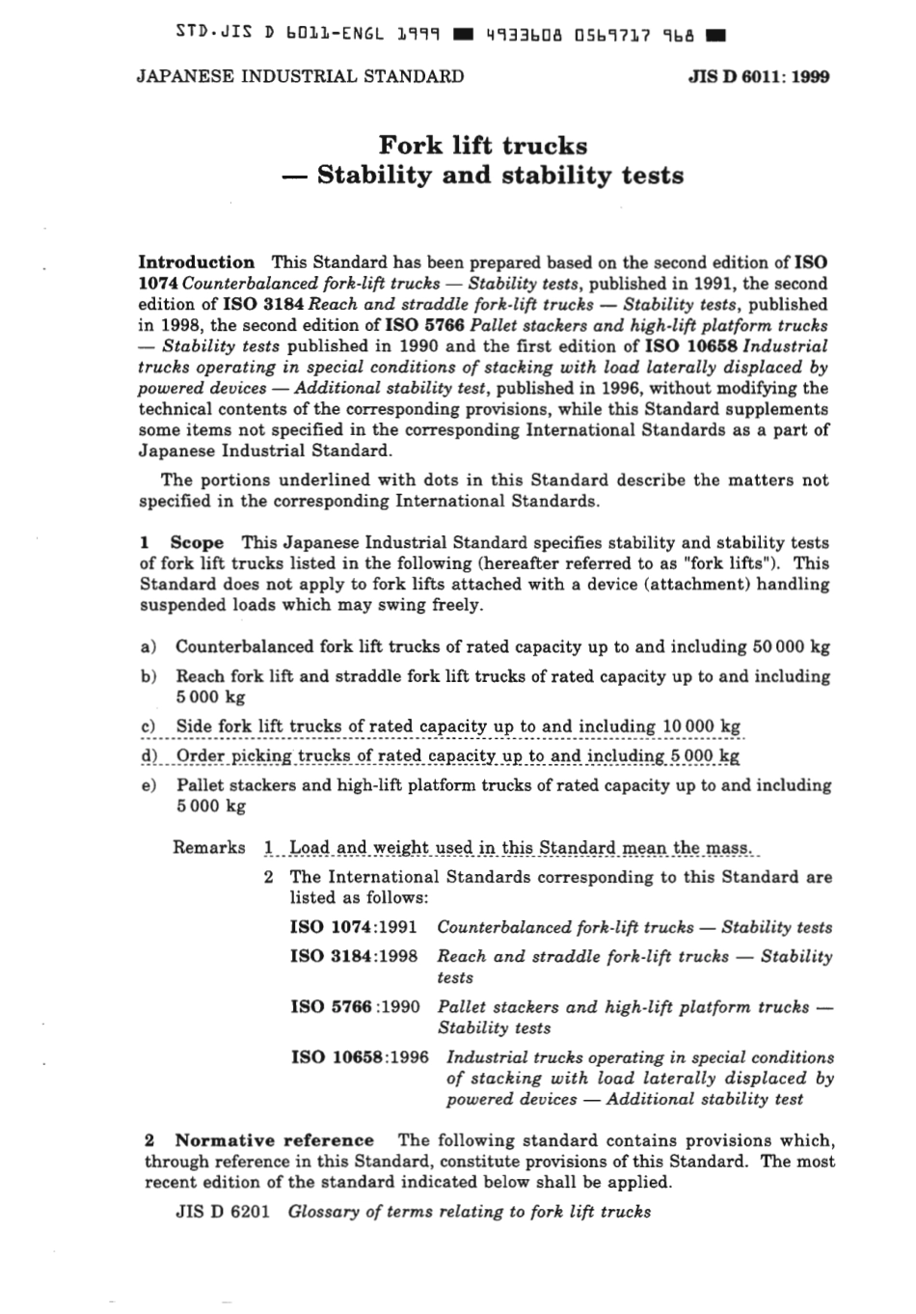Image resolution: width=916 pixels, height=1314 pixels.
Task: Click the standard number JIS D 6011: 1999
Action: pyautogui.click(x=759, y=77)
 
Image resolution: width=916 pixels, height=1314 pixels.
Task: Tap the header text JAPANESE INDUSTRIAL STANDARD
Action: pyautogui.click(x=300, y=76)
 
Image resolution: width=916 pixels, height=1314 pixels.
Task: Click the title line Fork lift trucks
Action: pyautogui.click(x=482, y=146)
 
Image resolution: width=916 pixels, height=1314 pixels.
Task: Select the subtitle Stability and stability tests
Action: pyautogui.click(x=499, y=176)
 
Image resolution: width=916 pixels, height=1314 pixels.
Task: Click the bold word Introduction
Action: pyautogui.click(x=197, y=262)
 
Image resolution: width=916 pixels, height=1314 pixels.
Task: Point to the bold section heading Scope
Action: pyautogui.click(x=197, y=542)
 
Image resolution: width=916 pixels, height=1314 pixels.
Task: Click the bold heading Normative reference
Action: pyautogui.click(x=274, y=1140)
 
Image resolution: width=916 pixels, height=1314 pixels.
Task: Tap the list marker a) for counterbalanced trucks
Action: pyautogui.click(x=148, y=647)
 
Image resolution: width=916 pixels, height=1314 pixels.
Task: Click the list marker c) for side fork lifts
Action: pyautogui.click(x=148, y=726)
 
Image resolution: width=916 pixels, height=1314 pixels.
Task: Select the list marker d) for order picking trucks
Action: pyautogui.click(x=148, y=756)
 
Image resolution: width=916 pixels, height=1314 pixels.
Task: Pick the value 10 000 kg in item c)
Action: pyautogui.click(x=701, y=726)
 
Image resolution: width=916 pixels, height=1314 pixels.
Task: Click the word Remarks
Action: pyautogui.click(x=209, y=847)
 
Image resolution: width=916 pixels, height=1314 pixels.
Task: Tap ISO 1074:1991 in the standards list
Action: pyautogui.click(x=354, y=927)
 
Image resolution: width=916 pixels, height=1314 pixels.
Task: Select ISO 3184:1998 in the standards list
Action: pyautogui.click(x=354, y=956)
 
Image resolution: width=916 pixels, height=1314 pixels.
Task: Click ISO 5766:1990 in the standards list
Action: pyautogui.click(x=354, y=1006)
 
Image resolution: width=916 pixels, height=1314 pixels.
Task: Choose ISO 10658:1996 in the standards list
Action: pyautogui.click(x=360, y=1056)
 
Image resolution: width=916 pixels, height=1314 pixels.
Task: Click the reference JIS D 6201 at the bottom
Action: pyautogui.click(x=223, y=1212)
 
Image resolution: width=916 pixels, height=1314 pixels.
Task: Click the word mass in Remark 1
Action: pyautogui.click(x=728, y=848)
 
